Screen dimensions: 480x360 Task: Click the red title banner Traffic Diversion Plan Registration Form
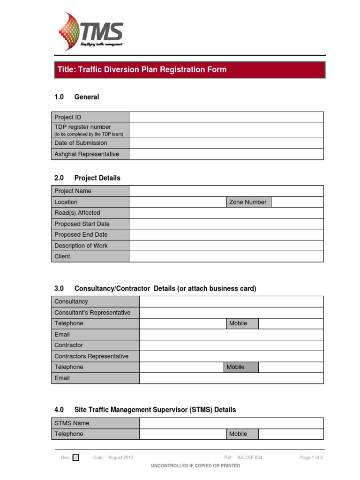(x=188, y=70)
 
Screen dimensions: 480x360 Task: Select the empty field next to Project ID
(x=226, y=117)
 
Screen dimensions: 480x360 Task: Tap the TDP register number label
(x=83, y=127)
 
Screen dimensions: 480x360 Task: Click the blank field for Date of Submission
(x=226, y=143)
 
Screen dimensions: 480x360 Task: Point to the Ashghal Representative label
(x=87, y=154)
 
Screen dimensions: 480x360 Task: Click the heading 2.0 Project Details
(x=88, y=178)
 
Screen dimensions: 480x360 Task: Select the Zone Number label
(x=247, y=202)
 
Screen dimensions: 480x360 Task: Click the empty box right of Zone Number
(x=297, y=202)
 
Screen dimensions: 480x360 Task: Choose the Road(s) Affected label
(x=77, y=213)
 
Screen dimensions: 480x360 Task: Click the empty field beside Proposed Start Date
(x=226, y=224)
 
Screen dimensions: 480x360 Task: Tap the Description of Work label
(x=81, y=246)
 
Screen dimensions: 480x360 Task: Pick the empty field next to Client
(x=226, y=256)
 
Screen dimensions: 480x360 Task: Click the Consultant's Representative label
(x=92, y=313)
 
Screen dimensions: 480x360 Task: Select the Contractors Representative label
(x=91, y=356)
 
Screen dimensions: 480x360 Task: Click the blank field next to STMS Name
(x=231, y=423)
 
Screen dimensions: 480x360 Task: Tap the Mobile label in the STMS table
(x=238, y=434)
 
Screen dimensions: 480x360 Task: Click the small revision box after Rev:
(x=76, y=458)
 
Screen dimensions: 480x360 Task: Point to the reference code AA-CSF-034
(x=250, y=458)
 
